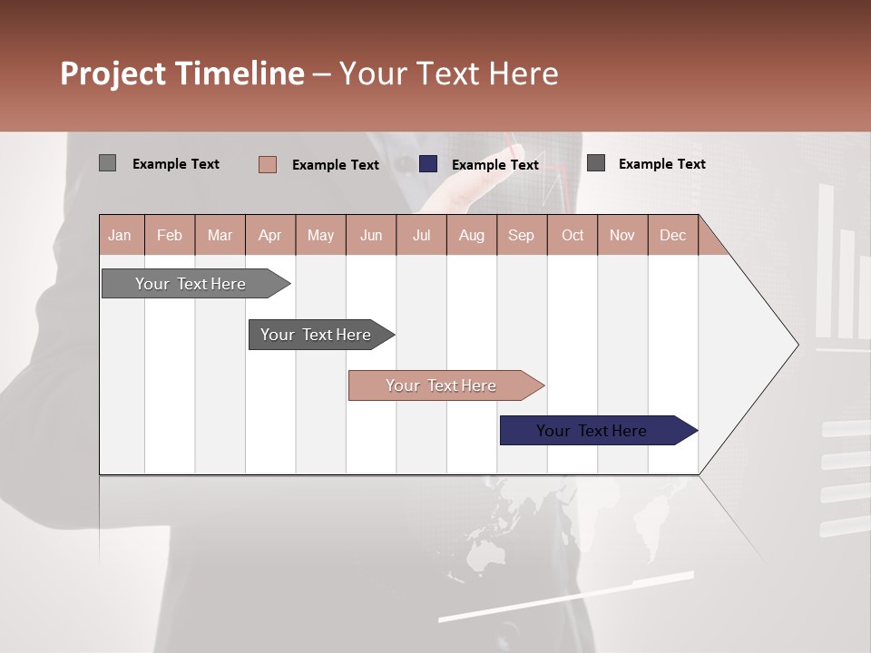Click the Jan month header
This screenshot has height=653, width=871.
click(120, 235)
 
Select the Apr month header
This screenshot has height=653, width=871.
click(269, 235)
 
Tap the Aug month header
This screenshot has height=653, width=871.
click(471, 235)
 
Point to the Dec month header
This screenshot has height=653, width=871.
click(672, 235)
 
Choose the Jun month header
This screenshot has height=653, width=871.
click(370, 235)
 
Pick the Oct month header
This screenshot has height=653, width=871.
click(572, 235)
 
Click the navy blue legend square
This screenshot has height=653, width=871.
click(428, 164)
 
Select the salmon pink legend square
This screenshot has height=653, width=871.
click(268, 164)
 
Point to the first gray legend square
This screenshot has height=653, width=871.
click(107, 163)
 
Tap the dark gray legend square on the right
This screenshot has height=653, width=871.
click(596, 163)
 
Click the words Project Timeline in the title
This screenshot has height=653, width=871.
click(181, 73)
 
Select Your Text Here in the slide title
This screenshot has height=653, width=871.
click(448, 73)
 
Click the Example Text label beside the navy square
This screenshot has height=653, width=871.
click(494, 165)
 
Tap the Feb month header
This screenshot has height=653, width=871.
click(170, 235)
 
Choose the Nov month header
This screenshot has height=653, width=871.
click(621, 235)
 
